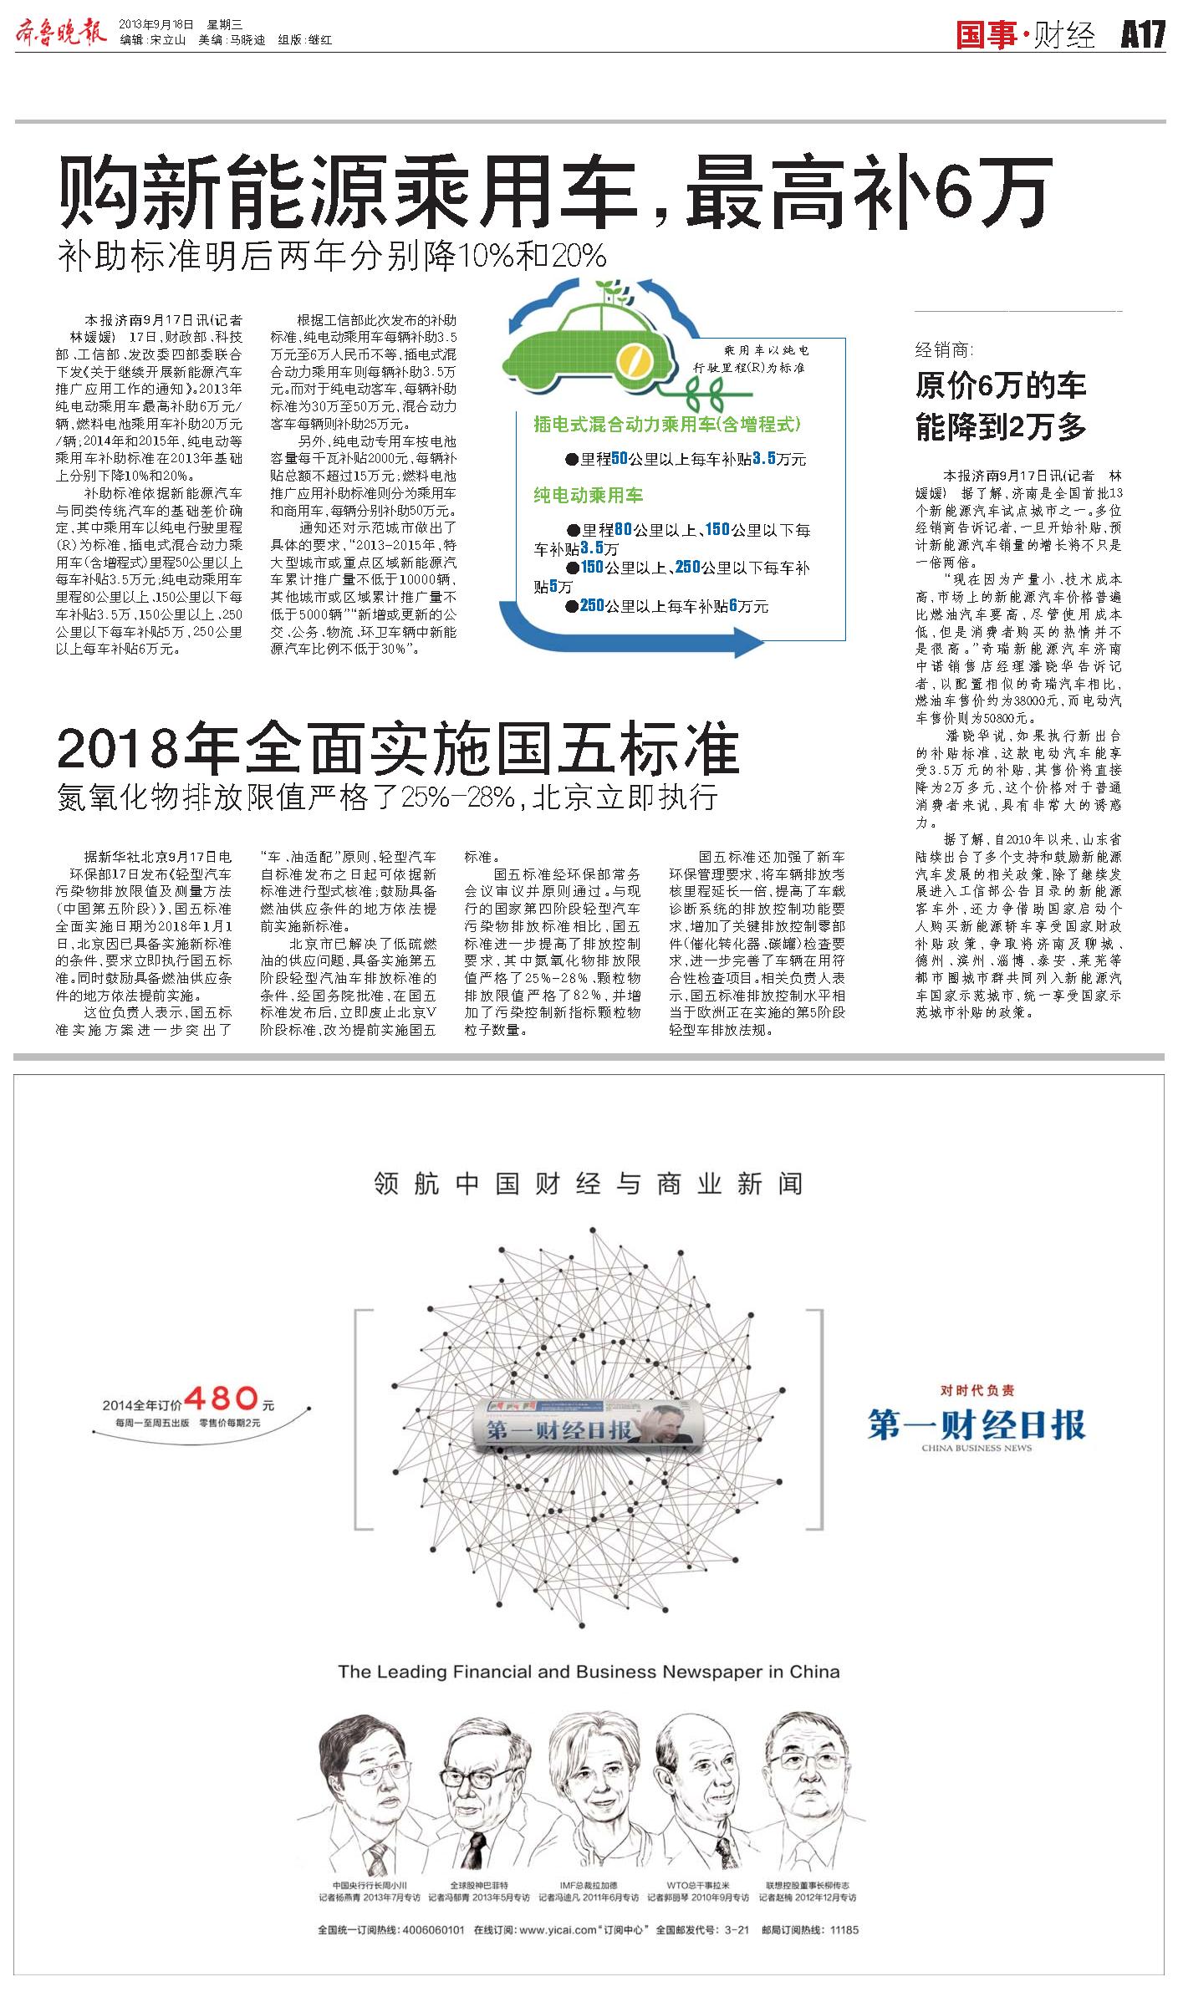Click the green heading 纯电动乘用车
[588, 495]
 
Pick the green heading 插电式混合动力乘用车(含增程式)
[667, 425]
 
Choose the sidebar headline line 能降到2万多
[1000, 427]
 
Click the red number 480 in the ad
[221, 1397]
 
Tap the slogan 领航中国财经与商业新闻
[588, 1184]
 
